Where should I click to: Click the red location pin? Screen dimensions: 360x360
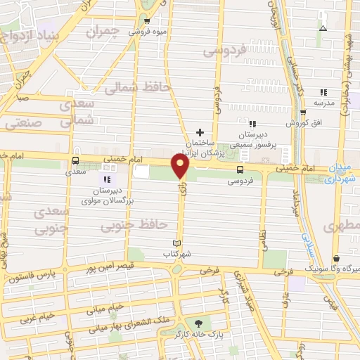pyautogui.click(x=181, y=166)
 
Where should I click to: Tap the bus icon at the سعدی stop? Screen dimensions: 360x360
pyautogui.click(x=76, y=160)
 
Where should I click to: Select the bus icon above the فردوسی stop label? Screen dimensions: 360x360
pyautogui.click(x=240, y=169)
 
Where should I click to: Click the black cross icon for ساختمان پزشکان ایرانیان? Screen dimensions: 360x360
pyautogui.click(x=200, y=132)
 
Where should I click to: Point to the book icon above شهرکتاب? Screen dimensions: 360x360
pyautogui.click(x=167, y=243)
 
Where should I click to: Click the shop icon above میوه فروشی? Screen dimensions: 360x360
pyautogui.click(x=148, y=20)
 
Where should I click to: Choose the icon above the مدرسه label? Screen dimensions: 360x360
pyautogui.click(x=323, y=92)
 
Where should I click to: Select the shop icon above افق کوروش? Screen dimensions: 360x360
pyautogui.click(x=303, y=112)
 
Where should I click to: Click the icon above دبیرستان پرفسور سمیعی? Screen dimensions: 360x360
pyautogui.click(x=252, y=124)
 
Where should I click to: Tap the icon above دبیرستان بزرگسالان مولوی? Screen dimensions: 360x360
pyautogui.click(x=108, y=179)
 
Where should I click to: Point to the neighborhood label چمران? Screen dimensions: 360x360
pyautogui.click(x=105, y=32)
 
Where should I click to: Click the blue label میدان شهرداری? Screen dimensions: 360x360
pyautogui.click(x=342, y=174)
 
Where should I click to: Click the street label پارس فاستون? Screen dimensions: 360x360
pyautogui.click(x=32, y=278)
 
